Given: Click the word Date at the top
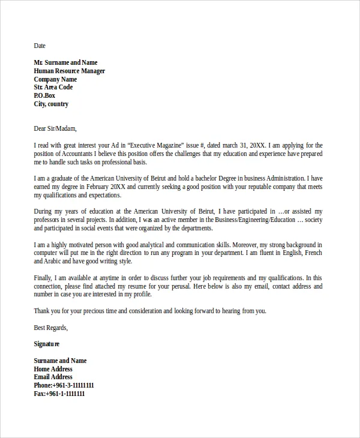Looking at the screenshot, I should [40, 46].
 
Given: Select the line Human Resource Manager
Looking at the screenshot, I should [69, 71].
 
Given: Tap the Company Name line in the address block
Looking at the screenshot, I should [55, 79].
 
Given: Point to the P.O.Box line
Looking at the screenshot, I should [44, 95].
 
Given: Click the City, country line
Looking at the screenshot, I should [51, 104].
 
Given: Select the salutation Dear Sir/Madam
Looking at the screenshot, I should [55, 128].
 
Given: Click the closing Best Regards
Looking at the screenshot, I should [51, 328].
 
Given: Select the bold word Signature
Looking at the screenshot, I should [47, 344].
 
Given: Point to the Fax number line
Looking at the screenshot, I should [59, 394].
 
